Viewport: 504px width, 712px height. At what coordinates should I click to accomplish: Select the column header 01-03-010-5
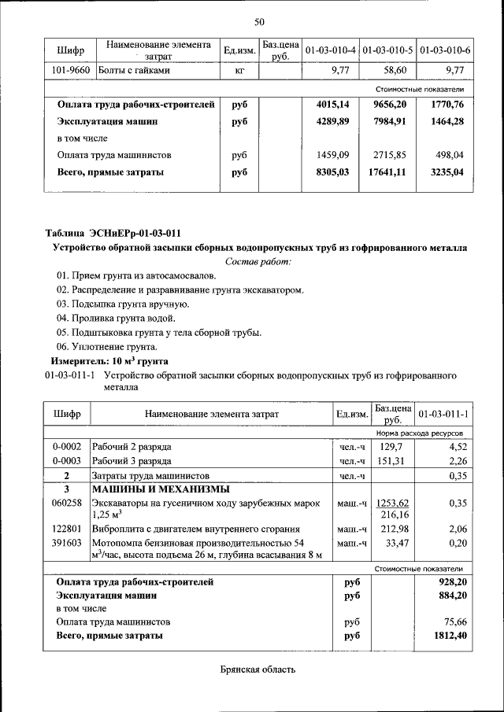coord(388,50)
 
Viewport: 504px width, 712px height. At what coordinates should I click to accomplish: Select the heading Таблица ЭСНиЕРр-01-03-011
coord(113,232)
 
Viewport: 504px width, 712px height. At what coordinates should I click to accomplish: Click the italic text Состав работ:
coord(258,260)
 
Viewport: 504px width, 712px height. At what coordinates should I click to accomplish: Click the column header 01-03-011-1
coord(443,414)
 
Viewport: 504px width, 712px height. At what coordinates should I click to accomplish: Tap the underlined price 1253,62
coord(393,503)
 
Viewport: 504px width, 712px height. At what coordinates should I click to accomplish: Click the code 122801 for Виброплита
coord(66,529)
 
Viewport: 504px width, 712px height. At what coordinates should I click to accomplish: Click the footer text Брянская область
coord(258,670)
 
